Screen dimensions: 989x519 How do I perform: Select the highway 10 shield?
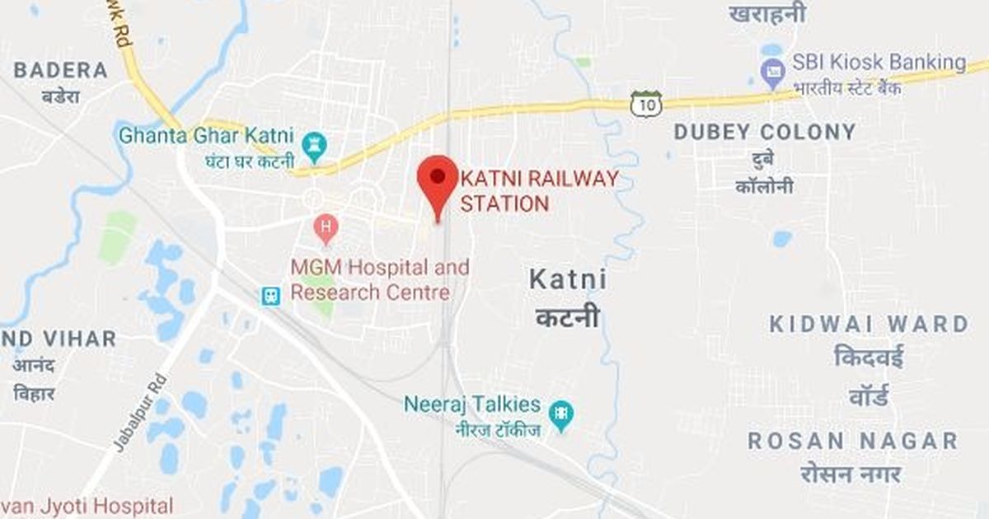coord(646,104)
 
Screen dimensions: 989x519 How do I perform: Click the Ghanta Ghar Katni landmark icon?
coord(314,146)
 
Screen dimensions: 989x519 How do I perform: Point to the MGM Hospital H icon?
coord(326,227)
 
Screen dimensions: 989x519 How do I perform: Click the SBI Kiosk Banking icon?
coord(773,74)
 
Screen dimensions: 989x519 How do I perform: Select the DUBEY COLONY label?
coord(765,132)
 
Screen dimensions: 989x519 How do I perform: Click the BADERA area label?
coord(60,70)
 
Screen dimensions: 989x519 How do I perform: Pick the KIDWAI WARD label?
coord(869,324)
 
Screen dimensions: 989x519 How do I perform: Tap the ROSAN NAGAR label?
coord(853,441)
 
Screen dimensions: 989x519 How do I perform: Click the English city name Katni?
coord(568,280)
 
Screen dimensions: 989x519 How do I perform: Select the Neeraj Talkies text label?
coord(472,404)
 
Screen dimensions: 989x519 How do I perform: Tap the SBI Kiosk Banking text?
coord(879,63)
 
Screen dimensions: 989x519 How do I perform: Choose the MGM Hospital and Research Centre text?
coord(379,280)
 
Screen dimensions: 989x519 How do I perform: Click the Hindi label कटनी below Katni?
coord(568,318)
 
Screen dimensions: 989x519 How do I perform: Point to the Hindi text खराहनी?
coord(767,14)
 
